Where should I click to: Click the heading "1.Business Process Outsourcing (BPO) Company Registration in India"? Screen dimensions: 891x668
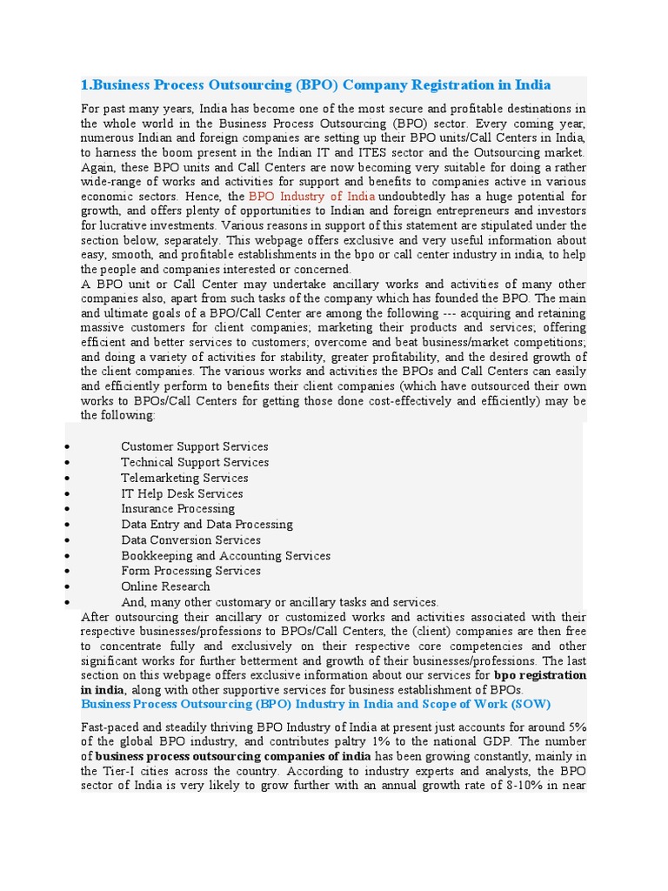[x=316, y=85]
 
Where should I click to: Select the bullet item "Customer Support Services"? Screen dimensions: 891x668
[x=194, y=446]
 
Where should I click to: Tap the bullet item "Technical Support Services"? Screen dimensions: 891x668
[x=195, y=462]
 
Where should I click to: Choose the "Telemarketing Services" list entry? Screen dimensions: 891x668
[x=184, y=478]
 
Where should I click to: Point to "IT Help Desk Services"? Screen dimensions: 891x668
[x=182, y=493]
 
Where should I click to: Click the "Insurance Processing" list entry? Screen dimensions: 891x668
[x=177, y=509]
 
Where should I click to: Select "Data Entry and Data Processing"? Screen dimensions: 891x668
[x=207, y=525]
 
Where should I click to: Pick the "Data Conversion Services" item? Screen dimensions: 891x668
[x=190, y=540]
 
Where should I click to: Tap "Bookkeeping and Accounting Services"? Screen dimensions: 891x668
[x=225, y=556]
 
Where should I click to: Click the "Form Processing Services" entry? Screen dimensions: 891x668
[x=190, y=571]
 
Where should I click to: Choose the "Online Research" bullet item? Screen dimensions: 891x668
[x=165, y=586]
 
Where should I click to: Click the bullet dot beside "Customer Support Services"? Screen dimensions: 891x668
[x=68, y=447]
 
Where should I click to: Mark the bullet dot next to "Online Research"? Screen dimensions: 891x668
[x=68, y=587]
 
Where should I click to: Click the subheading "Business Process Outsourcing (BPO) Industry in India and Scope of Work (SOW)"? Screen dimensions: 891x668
[x=316, y=704]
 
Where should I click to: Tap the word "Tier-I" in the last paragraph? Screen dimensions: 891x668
[x=118, y=771]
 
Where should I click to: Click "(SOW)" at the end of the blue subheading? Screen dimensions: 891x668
[x=531, y=704]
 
